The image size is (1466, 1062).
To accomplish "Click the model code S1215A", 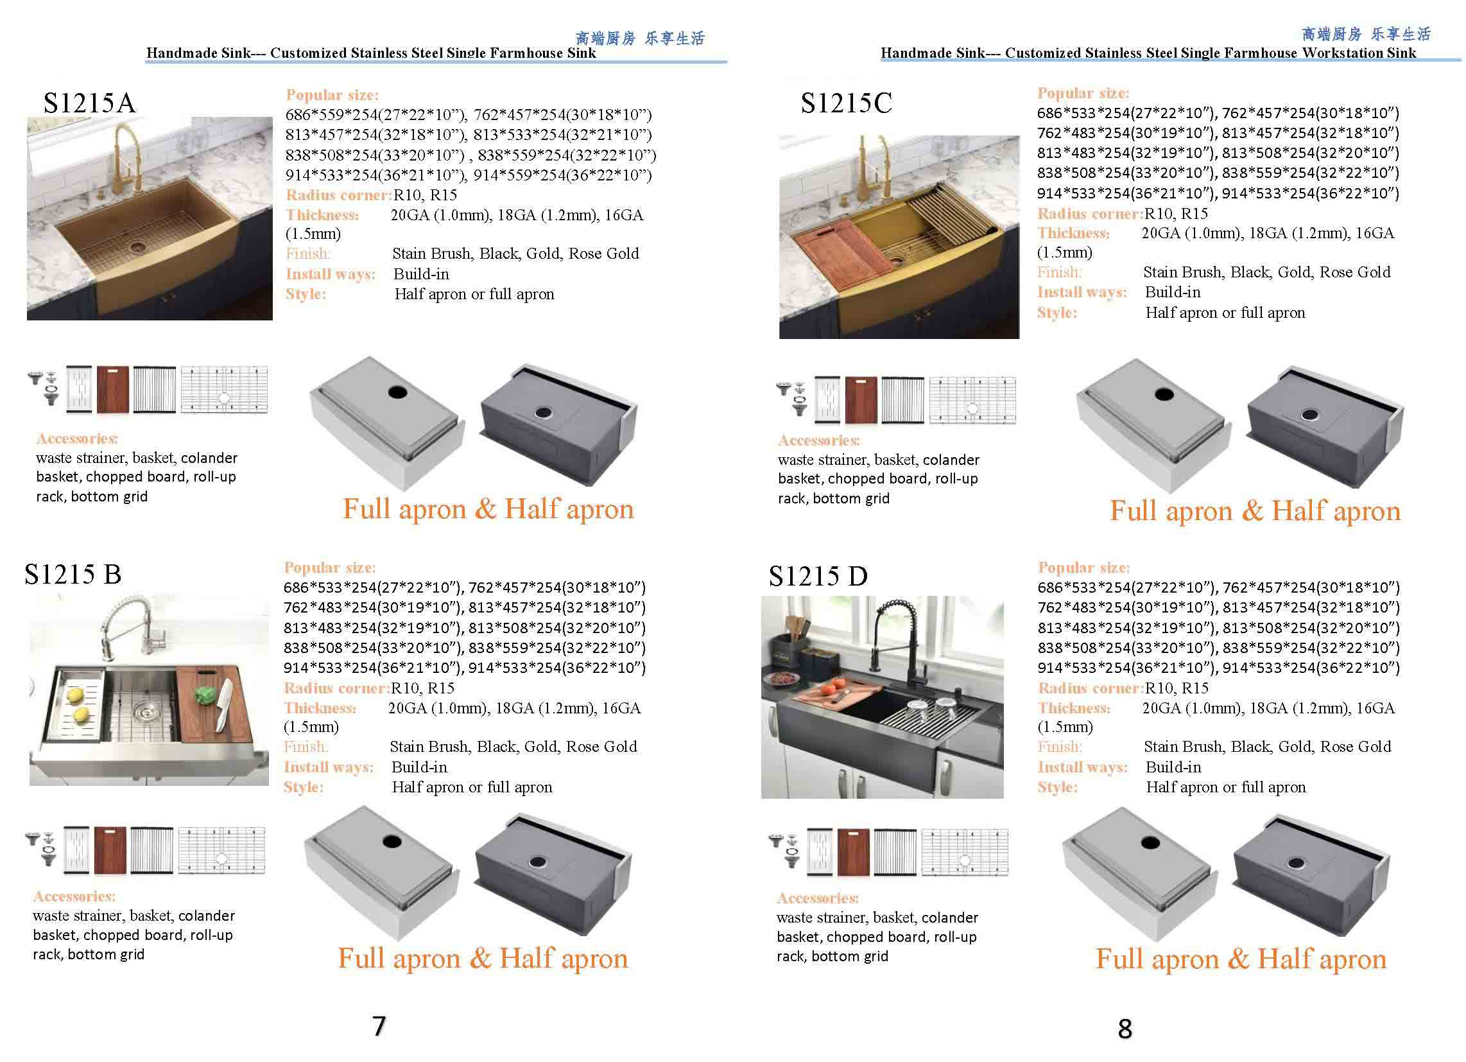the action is pos(89,103).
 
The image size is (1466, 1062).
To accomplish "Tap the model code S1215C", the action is pos(846,103).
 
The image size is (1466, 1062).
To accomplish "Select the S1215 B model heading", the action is pos(73,573).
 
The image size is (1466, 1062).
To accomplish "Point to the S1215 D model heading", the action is pos(818,576).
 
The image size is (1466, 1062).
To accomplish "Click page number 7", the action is pos(379,1026).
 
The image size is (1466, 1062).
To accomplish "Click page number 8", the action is pos(1125,1029).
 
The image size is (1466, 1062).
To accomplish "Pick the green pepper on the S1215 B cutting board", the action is pos(205,696).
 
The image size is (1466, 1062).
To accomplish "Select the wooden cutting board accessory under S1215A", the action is pos(112,389).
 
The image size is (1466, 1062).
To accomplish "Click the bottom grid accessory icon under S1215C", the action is pos(972,400).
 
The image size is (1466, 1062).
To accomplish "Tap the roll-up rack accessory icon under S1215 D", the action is pos(895,852).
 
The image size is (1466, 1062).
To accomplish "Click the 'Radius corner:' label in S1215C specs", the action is pos(1090,213).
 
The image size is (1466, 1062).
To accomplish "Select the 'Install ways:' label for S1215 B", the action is pos(329,767).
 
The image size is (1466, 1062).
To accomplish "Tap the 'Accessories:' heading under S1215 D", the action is pos(818,898).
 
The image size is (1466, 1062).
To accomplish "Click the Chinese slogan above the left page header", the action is pos(640,38).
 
